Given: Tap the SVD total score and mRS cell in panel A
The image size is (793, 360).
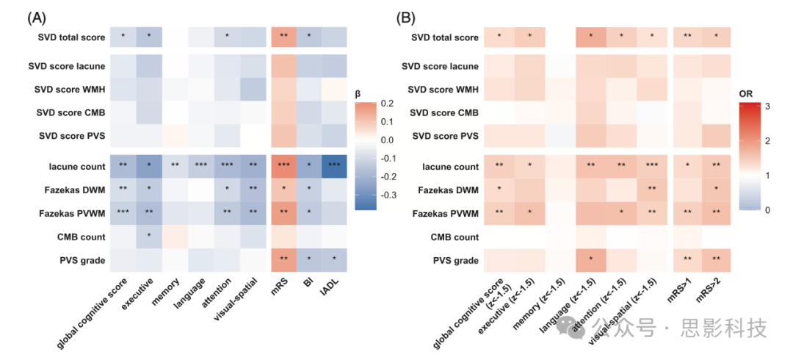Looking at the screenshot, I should (283, 37).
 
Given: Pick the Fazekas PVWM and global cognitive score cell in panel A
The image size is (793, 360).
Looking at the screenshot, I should (123, 213).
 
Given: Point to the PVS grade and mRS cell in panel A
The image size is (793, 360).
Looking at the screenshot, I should (283, 261).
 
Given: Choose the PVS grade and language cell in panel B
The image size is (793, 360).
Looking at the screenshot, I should (590, 261).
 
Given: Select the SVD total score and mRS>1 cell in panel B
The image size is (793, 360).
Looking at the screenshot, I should (687, 37).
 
